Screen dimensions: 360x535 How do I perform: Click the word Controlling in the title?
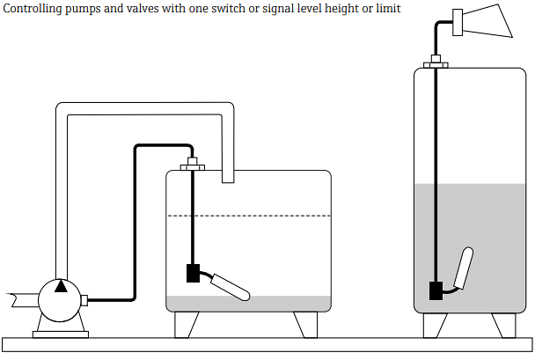35,9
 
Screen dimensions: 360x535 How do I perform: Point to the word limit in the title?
387,9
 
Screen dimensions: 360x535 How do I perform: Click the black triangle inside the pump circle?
60,286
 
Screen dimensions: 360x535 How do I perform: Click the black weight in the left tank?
194,274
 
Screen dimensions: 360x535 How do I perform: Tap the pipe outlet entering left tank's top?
228,176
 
